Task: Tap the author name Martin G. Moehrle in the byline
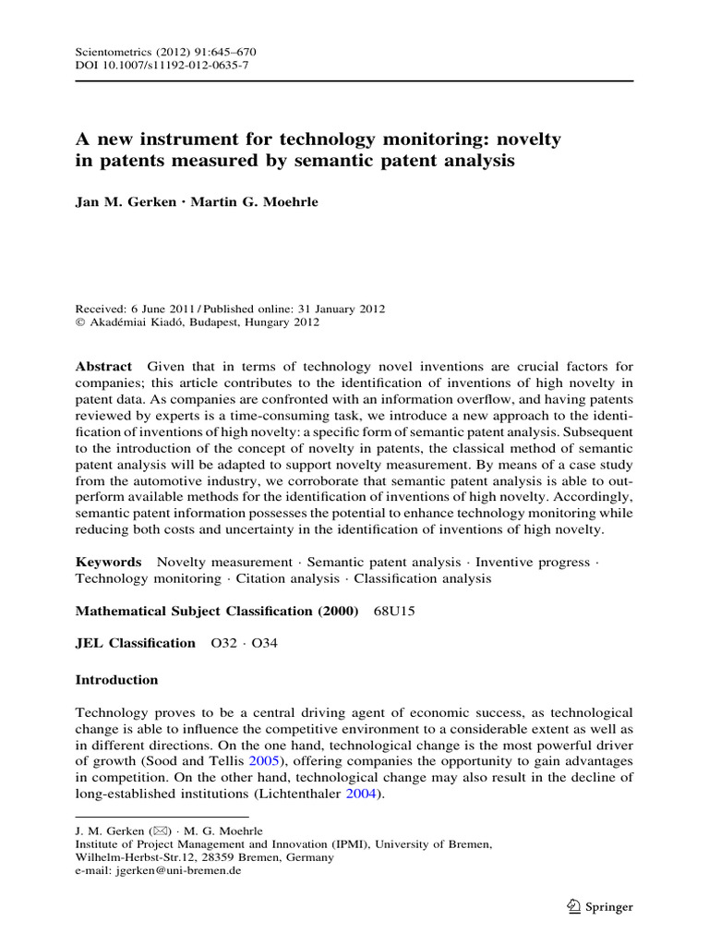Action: pos(254,202)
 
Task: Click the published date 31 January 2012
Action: pos(338,309)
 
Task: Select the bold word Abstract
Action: pos(102,367)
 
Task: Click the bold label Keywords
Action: pos(108,562)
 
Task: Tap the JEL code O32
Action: pos(224,643)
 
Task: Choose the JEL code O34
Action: pos(264,643)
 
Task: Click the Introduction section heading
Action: pos(116,680)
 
